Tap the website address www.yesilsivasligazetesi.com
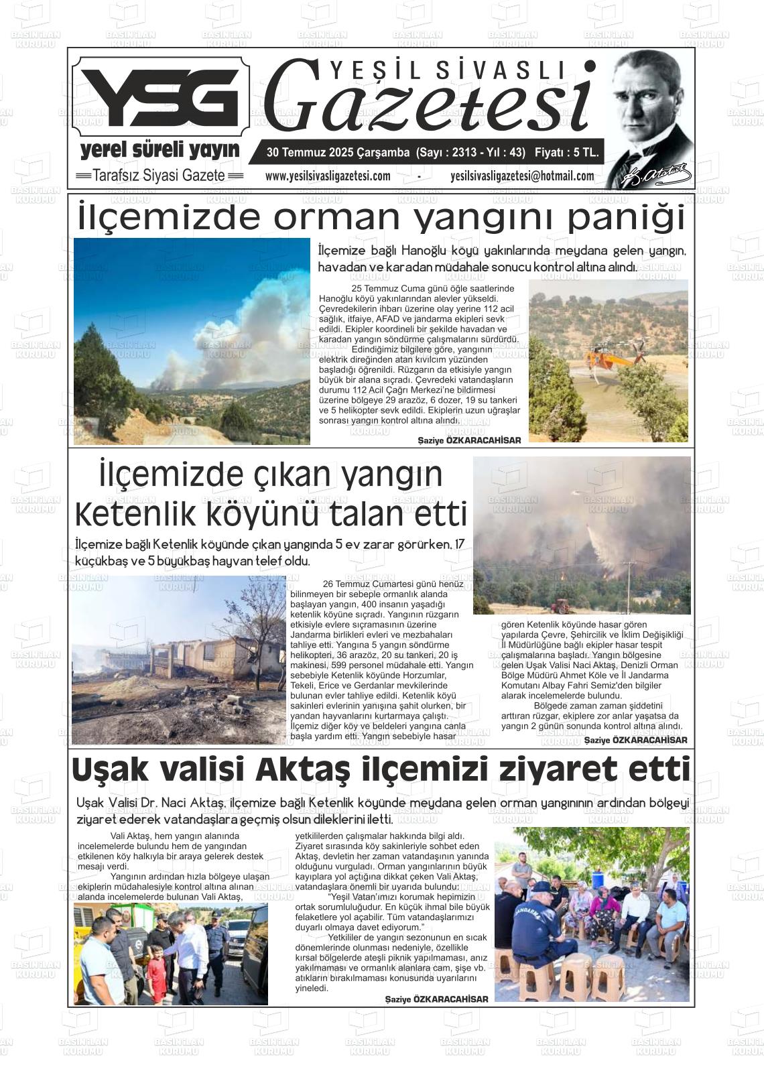coord(328,176)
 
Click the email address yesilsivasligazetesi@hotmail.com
coord(522,176)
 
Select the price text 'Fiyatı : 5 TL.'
coord(566,153)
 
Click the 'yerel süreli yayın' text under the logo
coord(160,149)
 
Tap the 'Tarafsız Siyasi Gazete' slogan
coord(159,176)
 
